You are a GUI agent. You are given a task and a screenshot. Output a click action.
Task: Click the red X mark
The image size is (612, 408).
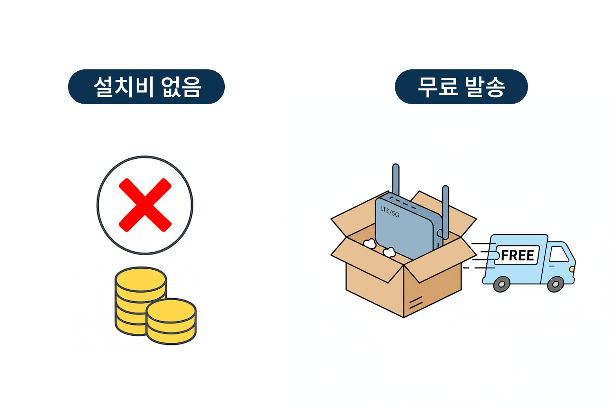point(145,205)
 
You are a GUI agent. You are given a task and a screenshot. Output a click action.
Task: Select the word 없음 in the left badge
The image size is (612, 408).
point(182,86)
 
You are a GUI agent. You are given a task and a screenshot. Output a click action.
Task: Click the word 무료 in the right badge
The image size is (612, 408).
point(438,86)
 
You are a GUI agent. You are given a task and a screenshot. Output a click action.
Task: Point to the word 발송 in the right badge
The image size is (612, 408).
point(486,86)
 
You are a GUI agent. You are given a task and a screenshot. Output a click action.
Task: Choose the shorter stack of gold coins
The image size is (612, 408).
point(171,322)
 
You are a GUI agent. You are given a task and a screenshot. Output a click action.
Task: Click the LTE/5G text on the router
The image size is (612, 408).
point(390,211)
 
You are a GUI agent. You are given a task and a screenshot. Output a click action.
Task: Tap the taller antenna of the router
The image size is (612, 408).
point(396,180)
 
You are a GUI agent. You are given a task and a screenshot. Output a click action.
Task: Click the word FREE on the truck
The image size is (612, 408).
point(517,255)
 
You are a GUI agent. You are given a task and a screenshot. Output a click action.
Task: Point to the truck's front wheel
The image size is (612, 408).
point(555,284)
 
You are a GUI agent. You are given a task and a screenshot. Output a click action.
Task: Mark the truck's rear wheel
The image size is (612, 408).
point(501,284)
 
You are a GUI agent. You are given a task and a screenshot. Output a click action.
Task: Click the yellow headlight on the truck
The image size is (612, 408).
point(572,269)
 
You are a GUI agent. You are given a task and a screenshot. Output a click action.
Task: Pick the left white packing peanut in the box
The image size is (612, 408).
point(370,244)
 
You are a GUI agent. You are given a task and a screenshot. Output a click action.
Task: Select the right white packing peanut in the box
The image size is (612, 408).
point(389,252)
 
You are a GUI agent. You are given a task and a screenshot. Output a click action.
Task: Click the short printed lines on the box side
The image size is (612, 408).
point(416,303)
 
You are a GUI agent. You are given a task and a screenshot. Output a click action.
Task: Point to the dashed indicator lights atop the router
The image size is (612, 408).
point(404,203)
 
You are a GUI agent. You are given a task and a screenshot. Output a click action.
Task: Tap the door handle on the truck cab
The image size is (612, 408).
point(551,266)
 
